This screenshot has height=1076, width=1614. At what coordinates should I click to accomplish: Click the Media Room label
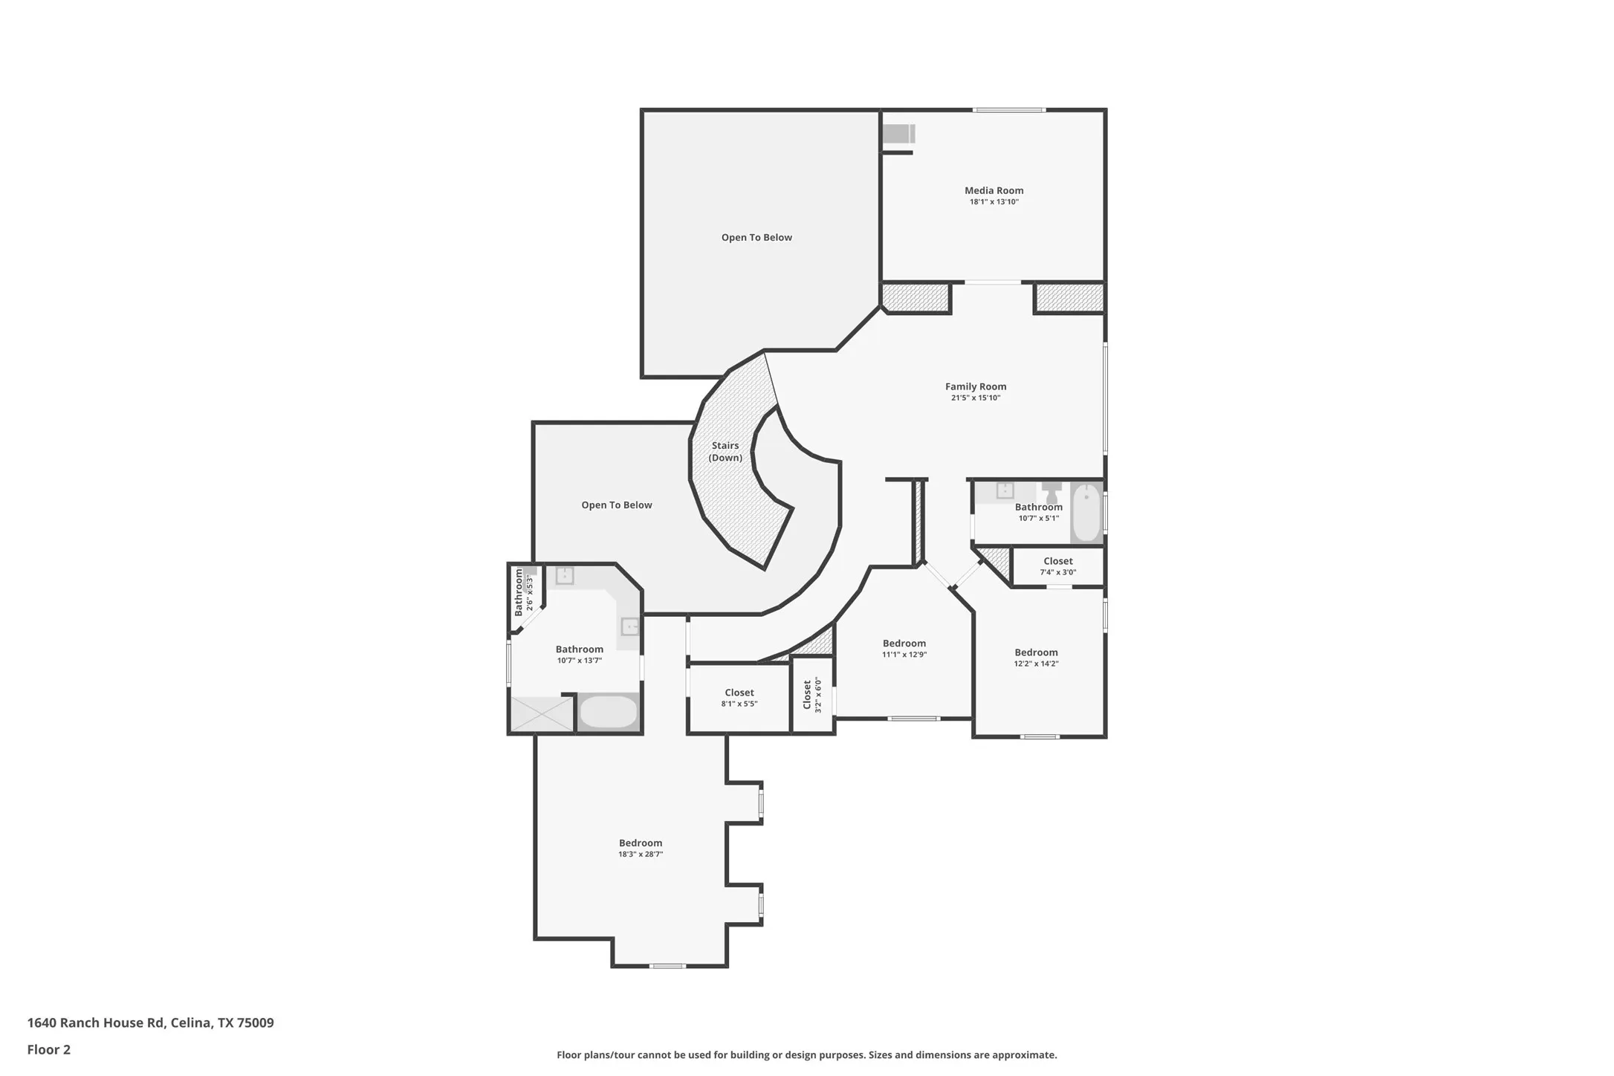point(994,190)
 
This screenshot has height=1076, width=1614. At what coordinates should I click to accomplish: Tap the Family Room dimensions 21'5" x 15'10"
point(976,398)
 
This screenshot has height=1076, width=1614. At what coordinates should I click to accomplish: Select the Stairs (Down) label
point(725,452)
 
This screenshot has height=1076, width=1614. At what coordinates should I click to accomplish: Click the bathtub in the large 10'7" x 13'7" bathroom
point(608,712)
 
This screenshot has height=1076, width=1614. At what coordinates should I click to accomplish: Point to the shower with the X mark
point(542,713)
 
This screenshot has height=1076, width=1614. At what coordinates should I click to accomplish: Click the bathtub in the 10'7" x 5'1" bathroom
point(1086,512)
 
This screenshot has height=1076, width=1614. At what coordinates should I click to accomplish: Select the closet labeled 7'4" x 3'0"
point(1057,566)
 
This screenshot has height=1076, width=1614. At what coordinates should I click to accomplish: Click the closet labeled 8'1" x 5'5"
point(739,698)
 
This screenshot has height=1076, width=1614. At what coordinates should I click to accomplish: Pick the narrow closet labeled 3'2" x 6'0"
point(811,695)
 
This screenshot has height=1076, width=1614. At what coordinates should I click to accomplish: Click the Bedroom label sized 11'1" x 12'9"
point(904,644)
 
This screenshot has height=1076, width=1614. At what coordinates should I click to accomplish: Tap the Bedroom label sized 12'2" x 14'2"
point(1036,652)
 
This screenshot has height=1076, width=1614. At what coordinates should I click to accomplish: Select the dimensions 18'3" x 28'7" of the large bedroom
point(641,855)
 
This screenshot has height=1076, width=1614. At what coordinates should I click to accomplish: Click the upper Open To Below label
point(756,238)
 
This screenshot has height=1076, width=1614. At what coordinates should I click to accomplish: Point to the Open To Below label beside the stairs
point(617,505)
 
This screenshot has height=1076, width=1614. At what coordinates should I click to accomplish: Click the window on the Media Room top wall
point(1009,110)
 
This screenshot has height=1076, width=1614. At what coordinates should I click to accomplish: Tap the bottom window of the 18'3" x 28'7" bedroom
point(667,965)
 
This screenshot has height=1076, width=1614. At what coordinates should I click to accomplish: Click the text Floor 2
point(49,1049)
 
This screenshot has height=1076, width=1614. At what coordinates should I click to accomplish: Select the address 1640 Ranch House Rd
point(96,1022)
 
